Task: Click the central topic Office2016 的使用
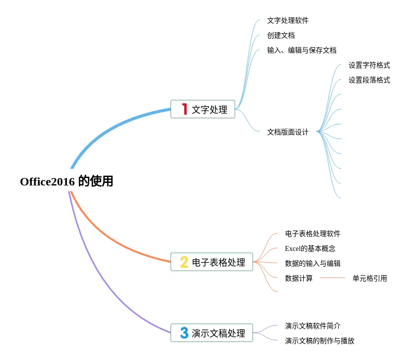coord(67,181)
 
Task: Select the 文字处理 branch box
coord(203,109)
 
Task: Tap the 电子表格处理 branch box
coord(211,262)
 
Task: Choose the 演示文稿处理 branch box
coord(211,333)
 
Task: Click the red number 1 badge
coord(184,109)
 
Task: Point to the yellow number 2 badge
coord(184,262)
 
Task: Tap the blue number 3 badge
coord(184,333)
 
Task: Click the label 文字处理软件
coord(287,20)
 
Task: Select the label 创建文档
coord(280,35)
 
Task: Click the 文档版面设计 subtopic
coord(287,132)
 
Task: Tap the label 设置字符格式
coord(369,65)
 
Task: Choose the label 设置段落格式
coord(369,80)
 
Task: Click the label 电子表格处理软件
coord(312,234)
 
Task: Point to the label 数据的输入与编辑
coord(312,263)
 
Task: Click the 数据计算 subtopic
coord(298,278)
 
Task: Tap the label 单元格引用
coord(369,278)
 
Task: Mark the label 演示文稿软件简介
coord(312,326)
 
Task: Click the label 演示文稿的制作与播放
coord(319,341)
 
